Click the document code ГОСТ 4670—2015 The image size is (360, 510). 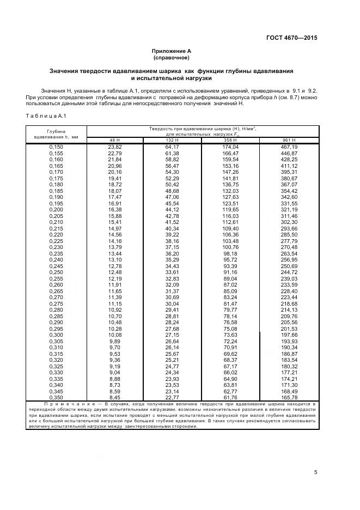(291, 38)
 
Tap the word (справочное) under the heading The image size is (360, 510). (171, 57)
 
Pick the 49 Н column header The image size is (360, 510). (114, 141)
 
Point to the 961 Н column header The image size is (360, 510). (289, 141)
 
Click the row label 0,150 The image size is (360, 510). (56, 147)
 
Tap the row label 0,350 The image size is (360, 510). (56, 397)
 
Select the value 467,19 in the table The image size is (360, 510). (289, 147)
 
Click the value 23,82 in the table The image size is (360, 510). (114, 147)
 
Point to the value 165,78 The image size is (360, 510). (289, 397)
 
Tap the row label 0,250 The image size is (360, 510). (56, 272)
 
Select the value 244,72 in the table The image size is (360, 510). (289, 272)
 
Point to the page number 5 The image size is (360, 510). (315, 472)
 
